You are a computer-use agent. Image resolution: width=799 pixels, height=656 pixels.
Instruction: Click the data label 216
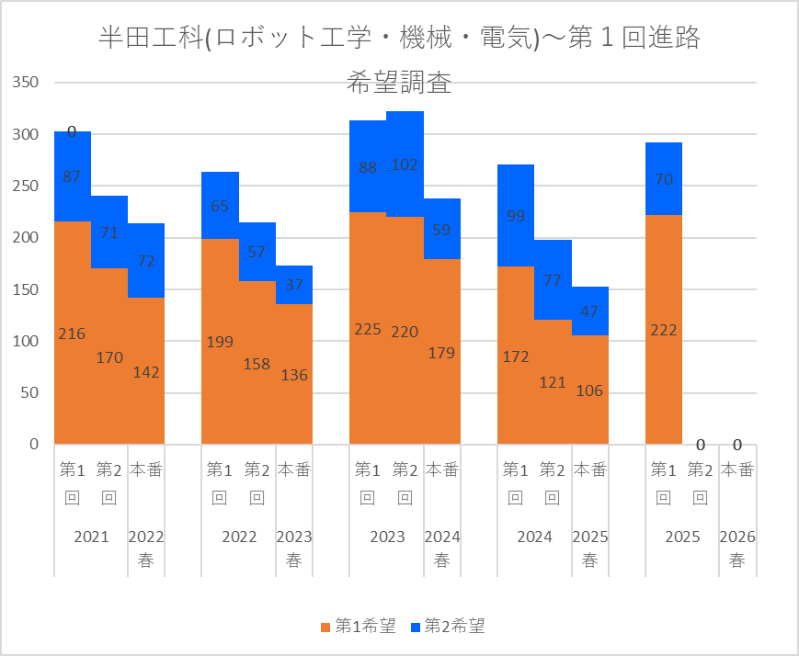(72, 334)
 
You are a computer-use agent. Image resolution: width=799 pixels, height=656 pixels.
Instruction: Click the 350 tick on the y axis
(25, 84)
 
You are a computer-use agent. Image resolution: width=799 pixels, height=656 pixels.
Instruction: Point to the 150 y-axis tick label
(25, 289)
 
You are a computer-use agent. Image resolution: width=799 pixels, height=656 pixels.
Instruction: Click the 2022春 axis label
(146, 549)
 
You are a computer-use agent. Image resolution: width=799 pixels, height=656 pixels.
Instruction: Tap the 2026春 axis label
(736, 549)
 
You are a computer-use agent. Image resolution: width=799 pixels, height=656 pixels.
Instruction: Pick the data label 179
(441, 353)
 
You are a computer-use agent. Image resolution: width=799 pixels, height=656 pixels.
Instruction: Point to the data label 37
(294, 286)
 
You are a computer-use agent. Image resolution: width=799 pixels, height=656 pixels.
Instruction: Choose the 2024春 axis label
(441, 549)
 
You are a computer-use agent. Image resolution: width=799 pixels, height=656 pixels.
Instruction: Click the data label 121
(553, 382)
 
